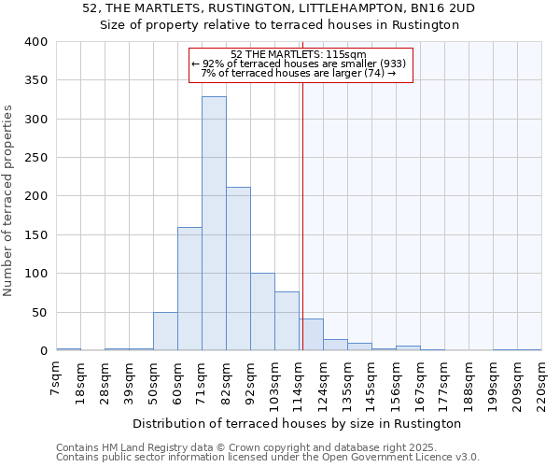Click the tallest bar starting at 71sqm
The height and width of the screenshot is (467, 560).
(214, 224)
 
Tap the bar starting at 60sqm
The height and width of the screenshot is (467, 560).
(189, 289)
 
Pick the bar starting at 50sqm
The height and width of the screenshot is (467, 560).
(165, 332)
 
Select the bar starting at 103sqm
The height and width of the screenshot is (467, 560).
(287, 321)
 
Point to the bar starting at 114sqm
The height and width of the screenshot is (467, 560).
(311, 334)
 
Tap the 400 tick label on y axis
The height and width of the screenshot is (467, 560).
(36, 42)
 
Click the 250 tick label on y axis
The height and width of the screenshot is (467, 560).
(36, 158)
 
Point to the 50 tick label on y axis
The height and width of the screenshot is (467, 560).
(40, 312)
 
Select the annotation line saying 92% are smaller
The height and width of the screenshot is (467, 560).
(300, 64)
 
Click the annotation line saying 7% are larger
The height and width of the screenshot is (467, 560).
(300, 73)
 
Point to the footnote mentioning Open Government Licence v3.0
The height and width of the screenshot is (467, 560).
(268, 457)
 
